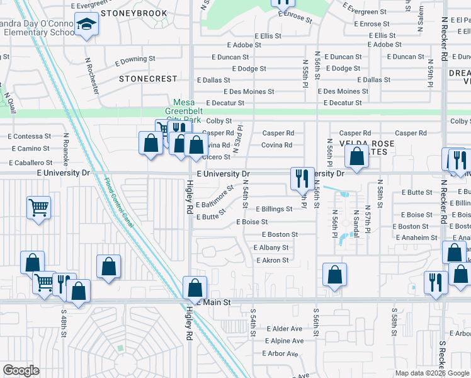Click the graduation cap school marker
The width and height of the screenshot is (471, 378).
click(x=86, y=25)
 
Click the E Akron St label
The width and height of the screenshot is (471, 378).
click(x=272, y=260)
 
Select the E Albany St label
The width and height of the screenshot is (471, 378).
click(x=272, y=248)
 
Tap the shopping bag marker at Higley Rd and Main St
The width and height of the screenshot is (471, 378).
click(x=196, y=288)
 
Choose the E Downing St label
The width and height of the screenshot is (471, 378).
click(x=135, y=59)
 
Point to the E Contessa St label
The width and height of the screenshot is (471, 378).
click(x=30, y=136)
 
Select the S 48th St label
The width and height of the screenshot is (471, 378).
click(x=64, y=321)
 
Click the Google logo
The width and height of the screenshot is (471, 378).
click(x=21, y=370)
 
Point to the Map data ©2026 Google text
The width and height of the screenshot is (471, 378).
click(x=431, y=373)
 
